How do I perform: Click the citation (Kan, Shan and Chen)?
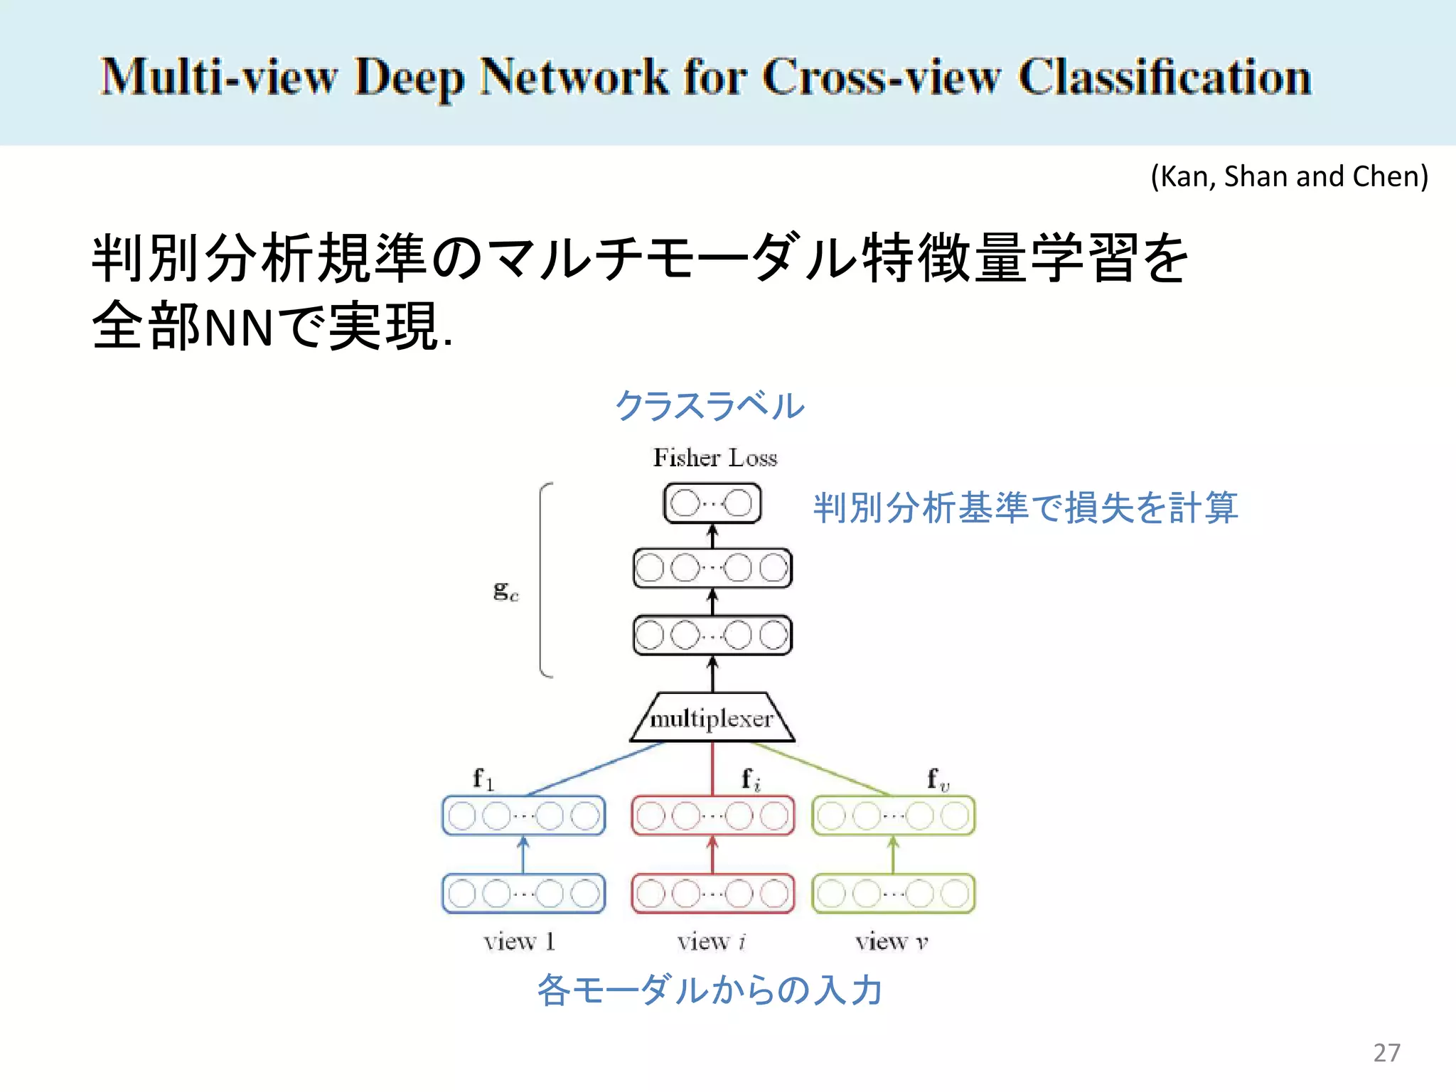(x=1289, y=176)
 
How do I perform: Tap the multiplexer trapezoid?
(x=712, y=718)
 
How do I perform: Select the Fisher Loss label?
(x=715, y=457)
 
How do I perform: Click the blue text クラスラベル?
(x=710, y=406)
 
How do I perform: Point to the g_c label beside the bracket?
(x=505, y=590)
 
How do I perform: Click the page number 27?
(x=1386, y=1052)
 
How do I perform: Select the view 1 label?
(x=519, y=941)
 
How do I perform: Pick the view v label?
(x=892, y=941)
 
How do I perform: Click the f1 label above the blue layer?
(x=483, y=778)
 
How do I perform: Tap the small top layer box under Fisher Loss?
(x=712, y=503)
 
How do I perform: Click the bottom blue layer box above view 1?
(x=523, y=894)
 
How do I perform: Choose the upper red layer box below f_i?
(x=712, y=815)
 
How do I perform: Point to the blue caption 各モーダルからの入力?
(x=710, y=990)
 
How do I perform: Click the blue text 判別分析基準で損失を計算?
(x=1025, y=508)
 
